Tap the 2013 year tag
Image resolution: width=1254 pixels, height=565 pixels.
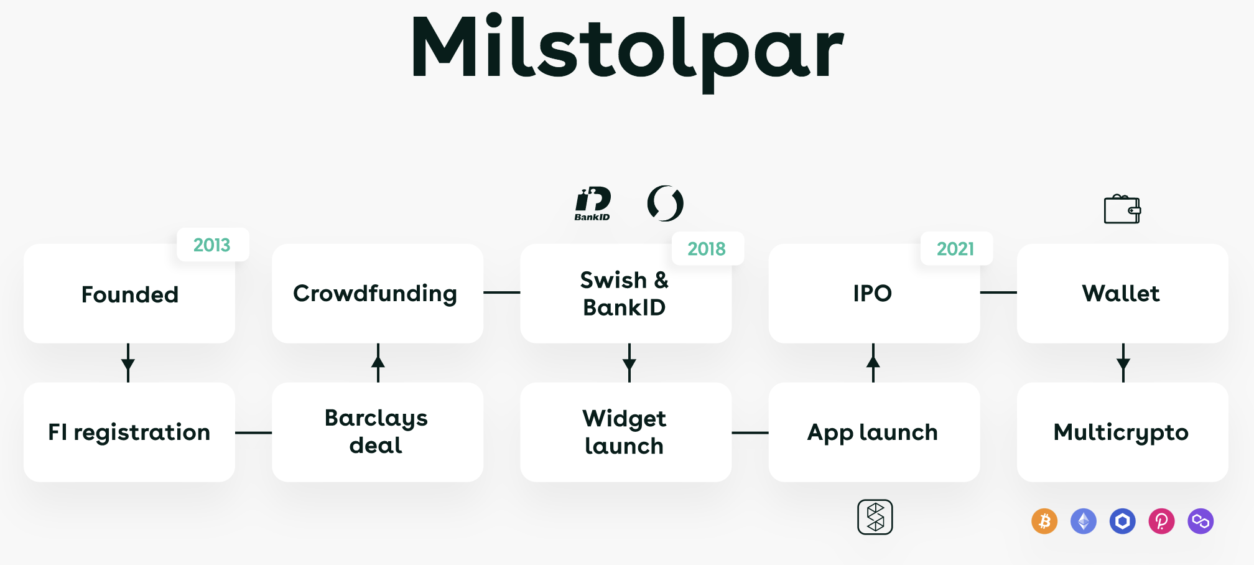[x=213, y=245]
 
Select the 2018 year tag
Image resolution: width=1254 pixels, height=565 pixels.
[x=707, y=248]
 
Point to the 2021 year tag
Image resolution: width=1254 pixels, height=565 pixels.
[x=956, y=248]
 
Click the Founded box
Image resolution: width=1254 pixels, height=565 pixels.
[x=129, y=294]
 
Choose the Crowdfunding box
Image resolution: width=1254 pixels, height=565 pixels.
[x=378, y=294]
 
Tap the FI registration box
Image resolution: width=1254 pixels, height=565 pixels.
[x=129, y=432]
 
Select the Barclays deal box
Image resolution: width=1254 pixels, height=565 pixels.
[x=378, y=432]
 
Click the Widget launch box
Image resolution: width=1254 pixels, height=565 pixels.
[x=626, y=432]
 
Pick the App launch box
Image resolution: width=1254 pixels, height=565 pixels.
[x=874, y=432]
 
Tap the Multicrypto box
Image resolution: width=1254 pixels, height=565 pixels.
[x=1122, y=432]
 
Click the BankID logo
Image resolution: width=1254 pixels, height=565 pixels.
[x=592, y=203]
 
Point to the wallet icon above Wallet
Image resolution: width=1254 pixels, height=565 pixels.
[x=1122, y=209]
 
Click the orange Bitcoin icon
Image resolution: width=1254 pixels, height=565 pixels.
[x=1044, y=521]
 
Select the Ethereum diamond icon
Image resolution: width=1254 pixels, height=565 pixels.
[x=1084, y=521]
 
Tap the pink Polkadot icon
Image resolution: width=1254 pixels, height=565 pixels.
[x=1161, y=521]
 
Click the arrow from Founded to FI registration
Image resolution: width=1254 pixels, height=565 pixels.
[x=128, y=363]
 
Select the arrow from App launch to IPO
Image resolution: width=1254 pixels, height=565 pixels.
[x=873, y=363]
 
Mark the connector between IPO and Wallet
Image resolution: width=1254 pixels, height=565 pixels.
[x=998, y=292]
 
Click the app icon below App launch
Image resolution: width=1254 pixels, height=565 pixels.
[x=875, y=517]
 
